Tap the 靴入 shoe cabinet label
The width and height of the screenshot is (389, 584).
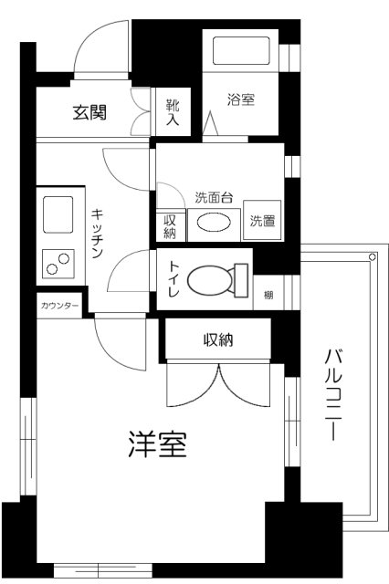(173, 112)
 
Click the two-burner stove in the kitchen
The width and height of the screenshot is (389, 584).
(58, 266)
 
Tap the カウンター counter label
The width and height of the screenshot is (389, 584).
(58, 305)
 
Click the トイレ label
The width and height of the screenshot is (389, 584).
(172, 276)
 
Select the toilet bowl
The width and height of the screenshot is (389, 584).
(216, 279)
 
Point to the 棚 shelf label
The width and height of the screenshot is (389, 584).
(268, 295)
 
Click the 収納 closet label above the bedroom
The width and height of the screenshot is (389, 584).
(217, 340)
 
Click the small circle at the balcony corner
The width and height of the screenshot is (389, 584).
(373, 257)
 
